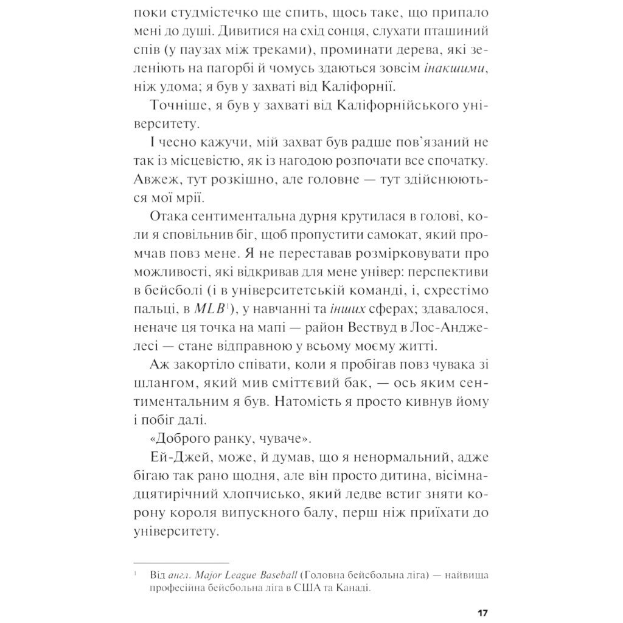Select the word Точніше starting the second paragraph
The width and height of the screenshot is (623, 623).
[x=176, y=106]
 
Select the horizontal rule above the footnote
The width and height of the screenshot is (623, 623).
[x=181, y=563]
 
